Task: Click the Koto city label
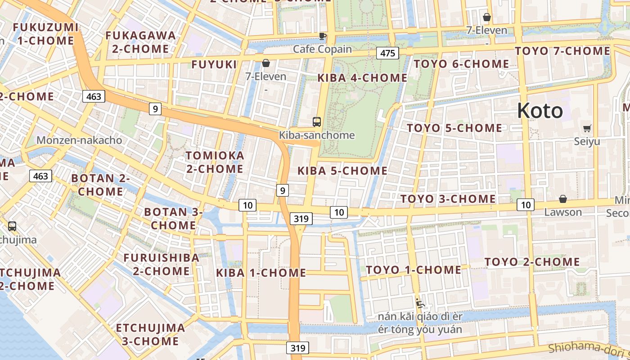click(540, 110)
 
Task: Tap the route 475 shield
click(387, 54)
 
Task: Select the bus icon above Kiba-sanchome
click(317, 121)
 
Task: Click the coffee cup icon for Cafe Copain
click(322, 36)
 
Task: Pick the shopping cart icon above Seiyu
click(587, 128)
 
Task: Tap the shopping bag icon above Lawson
click(562, 199)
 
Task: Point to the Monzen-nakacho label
click(79, 140)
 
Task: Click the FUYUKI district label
click(214, 64)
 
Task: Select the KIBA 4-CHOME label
click(362, 78)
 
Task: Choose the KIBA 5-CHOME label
click(342, 171)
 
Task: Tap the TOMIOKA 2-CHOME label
click(215, 162)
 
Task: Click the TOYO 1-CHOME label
click(414, 270)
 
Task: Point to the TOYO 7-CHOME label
click(562, 51)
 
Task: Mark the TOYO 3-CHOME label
click(448, 199)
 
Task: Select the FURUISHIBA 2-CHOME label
click(161, 264)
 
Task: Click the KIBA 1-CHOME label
click(261, 273)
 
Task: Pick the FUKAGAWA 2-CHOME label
click(140, 42)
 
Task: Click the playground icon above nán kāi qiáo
click(420, 303)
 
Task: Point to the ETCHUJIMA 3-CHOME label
click(150, 334)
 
